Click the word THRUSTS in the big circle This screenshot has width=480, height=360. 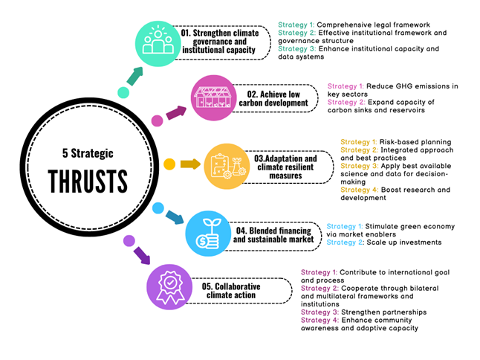tap(88, 181)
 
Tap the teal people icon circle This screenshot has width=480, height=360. tap(158, 43)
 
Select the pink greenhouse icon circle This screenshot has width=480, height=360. tap(214, 97)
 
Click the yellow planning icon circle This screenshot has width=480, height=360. tap(227, 167)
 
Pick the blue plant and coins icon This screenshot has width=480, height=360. tap(208, 234)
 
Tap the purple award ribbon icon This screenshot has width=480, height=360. tap(169, 287)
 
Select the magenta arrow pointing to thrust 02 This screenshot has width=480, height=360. tap(176, 113)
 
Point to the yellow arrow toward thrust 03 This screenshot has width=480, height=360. tap(190, 164)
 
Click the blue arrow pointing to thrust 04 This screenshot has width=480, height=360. tap(175, 217)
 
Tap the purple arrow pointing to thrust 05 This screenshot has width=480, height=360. tap(142, 256)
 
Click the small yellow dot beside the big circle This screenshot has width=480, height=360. tap(169, 164)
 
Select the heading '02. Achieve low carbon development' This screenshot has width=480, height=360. tap(273, 98)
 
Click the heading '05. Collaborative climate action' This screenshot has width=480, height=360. tap(231, 290)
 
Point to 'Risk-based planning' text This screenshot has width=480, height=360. tap(415, 142)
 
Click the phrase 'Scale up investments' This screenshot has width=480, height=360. tap(404, 242)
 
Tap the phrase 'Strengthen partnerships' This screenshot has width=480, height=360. tap(384, 312)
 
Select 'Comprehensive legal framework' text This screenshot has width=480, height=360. tap(374, 25)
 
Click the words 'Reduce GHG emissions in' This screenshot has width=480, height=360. tap(412, 86)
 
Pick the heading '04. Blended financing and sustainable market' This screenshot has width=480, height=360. tap(273, 235)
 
